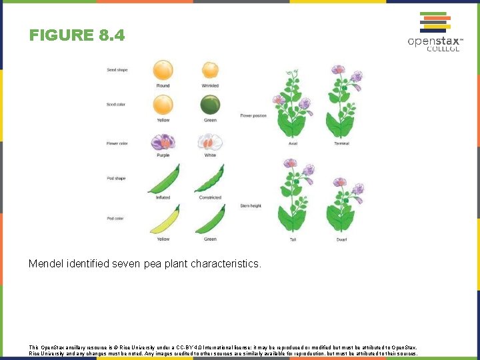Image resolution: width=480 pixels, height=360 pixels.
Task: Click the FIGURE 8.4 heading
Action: click(x=77, y=35)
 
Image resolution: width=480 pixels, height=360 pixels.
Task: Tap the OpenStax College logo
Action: click(x=435, y=31)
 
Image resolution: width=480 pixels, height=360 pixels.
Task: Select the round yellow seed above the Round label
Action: click(x=163, y=70)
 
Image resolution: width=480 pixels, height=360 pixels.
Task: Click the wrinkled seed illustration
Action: click(x=210, y=71)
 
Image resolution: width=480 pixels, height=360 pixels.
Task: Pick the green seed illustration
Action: click(x=210, y=105)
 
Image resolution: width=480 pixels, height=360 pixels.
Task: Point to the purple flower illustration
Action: click(x=163, y=142)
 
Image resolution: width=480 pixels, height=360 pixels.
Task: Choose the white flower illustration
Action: click(x=210, y=142)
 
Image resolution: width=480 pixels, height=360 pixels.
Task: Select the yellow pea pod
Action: click(x=163, y=221)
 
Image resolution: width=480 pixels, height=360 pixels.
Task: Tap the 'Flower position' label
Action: click(x=253, y=115)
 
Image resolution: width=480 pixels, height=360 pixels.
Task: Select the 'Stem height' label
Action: click(x=250, y=206)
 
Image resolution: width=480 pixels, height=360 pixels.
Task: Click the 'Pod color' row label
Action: click(x=115, y=218)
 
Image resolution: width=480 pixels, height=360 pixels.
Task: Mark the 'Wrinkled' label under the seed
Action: click(x=210, y=86)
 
